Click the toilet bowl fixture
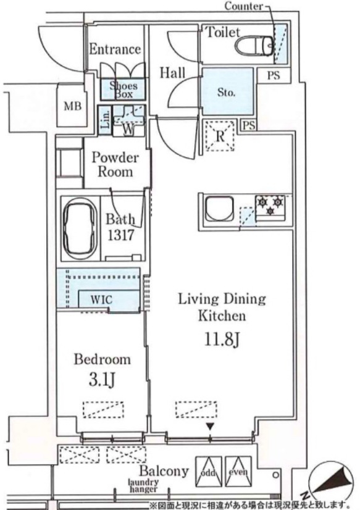click(x=254, y=46)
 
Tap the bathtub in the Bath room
click(x=80, y=228)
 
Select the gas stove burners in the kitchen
click(x=270, y=205)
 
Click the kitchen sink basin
click(x=219, y=208)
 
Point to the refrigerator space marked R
click(x=220, y=136)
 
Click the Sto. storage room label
click(x=226, y=93)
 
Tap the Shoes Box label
click(x=123, y=90)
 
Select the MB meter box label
click(x=72, y=106)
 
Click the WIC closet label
click(x=101, y=299)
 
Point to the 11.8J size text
click(x=222, y=339)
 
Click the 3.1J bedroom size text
click(x=103, y=379)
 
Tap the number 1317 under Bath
click(x=120, y=235)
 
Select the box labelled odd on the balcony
click(x=209, y=472)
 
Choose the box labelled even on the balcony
click(x=238, y=472)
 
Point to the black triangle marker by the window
click(x=210, y=427)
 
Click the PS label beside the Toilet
click(x=274, y=75)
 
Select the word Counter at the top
click(x=243, y=6)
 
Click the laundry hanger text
click(x=143, y=485)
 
